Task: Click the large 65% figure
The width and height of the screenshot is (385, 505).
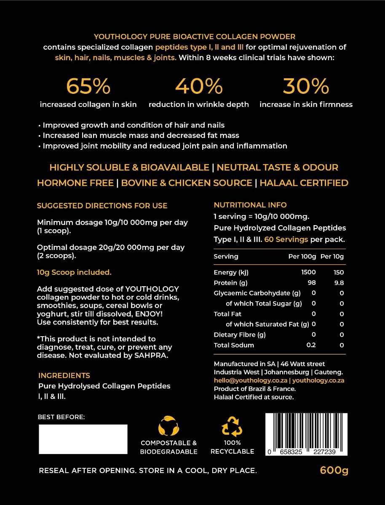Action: [x=88, y=86]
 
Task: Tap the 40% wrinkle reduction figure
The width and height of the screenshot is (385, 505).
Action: [x=198, y=86]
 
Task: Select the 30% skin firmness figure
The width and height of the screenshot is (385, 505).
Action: [x=306, y=86]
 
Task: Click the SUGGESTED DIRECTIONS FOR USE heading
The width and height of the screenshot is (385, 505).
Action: [x=102, y=206]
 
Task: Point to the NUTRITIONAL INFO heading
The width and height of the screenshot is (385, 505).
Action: [x=250, y=205]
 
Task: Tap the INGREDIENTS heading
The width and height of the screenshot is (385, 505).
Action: [x=64, y=375]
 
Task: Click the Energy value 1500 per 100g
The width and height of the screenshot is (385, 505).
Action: [x=308, y=272]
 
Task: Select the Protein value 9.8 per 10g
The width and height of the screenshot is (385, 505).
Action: [x=339, y=283]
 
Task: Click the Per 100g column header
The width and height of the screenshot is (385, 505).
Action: [x=302, y=256]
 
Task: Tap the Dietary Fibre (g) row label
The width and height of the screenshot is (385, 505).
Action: [x=240, y=335]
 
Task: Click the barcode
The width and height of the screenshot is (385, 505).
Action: [x=306, y=434]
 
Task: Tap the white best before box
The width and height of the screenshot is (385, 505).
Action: [x=83, y=439]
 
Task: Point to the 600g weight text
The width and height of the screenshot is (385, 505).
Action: [x=334, y=470]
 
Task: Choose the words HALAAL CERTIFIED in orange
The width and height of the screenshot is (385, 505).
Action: [x=304, y=183]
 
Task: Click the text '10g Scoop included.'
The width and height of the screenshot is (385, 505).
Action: [x=74, y=272]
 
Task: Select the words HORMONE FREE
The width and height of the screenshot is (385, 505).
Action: [x=75, y=183]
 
